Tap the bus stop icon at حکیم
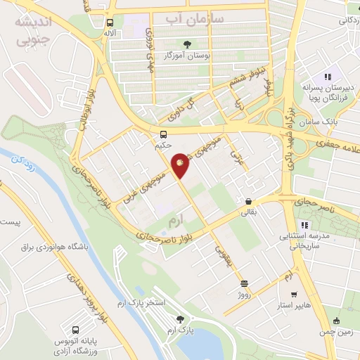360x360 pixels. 164,134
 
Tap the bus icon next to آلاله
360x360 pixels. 109,22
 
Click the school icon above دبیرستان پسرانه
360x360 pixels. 326,77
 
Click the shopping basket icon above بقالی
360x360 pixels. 249,201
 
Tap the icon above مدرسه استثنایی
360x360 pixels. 304,226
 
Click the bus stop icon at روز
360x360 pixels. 244,284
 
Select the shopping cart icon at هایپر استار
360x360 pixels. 292,295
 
